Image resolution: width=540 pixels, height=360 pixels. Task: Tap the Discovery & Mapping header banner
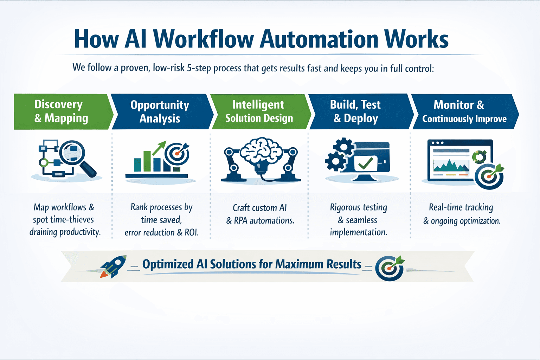click(61, 111)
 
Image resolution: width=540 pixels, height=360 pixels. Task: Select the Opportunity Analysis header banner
click(160, 111)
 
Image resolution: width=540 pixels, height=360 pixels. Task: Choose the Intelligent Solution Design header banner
click(259, 111)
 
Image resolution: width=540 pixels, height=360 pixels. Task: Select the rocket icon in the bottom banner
click(113, 267)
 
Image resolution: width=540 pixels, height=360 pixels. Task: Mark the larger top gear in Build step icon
click(343, 147)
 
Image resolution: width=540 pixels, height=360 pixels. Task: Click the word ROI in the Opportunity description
click(191, 232)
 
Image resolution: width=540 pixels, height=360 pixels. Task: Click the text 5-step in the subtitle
click(199, 68)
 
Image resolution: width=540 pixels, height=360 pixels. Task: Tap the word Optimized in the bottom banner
click(168, 264)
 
